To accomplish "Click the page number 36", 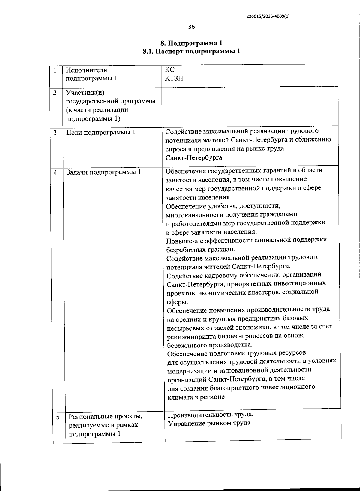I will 191,27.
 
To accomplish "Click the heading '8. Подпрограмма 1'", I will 191,43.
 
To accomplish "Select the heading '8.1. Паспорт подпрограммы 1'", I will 191,51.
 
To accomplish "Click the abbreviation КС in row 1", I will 169,70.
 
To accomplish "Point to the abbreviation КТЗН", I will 174,79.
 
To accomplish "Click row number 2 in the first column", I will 55,93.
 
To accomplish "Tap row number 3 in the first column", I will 55,133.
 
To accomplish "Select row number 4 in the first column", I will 55,172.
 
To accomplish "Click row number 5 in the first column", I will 58,417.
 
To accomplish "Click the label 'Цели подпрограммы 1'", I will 100,132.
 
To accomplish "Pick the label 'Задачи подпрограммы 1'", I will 103,172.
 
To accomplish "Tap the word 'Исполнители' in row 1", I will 86,70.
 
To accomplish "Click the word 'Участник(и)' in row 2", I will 85,92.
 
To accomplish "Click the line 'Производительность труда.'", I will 211,415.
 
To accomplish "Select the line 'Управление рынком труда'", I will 209,423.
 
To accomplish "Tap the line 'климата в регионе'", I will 196,397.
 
